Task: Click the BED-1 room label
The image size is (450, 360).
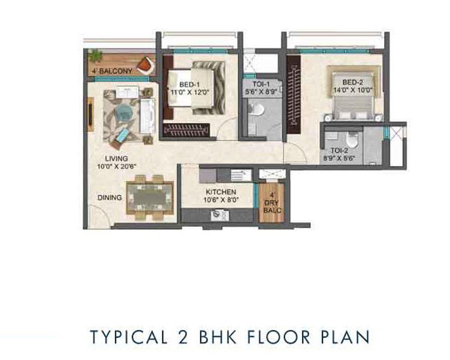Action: tap(189, 85)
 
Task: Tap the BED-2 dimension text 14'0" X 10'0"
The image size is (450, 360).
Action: tap(353, 90)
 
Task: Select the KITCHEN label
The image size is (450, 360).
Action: tap(221, 192)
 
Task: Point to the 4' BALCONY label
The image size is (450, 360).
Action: tap(112, 71)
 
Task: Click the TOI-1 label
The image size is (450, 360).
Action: tap(261, 85)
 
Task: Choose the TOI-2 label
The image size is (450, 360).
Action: tap(339, 150)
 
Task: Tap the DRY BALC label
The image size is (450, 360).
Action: tap(272, 207)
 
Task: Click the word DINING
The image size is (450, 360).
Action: tap(110, 198)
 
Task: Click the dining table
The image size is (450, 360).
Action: tap(150, 198)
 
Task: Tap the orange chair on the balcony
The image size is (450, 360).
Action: tap(146, 65)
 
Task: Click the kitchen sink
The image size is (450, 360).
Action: tap(220, 215)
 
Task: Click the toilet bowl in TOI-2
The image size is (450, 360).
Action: tap(351, 140)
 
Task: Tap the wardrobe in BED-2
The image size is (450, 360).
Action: tap(293, 94)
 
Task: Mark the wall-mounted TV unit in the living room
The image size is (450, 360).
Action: tap(90, 114)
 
